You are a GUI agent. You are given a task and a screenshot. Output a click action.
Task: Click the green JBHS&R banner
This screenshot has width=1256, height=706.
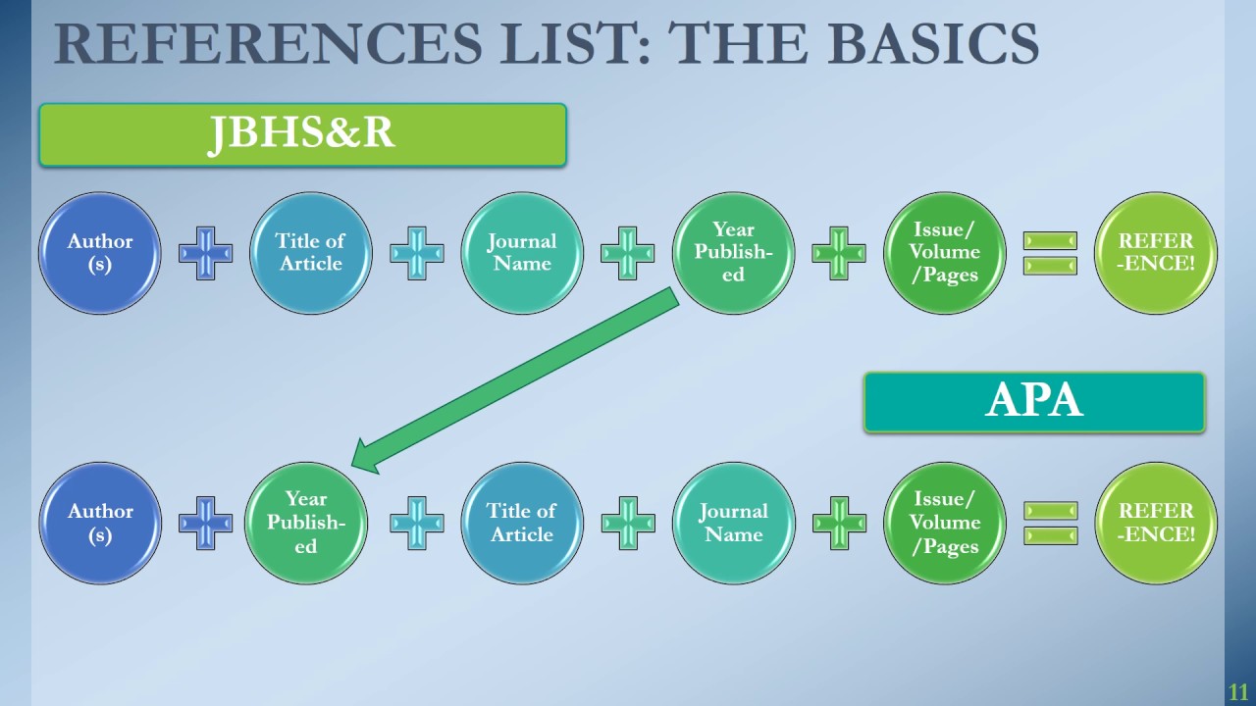pos(302,134)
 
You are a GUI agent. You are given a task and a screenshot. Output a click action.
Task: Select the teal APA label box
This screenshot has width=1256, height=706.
pos(1034,402)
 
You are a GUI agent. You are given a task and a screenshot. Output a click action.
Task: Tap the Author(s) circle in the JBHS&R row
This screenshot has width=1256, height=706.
pos(99,253)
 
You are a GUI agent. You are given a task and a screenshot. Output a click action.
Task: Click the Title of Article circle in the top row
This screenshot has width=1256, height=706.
pos(310,253)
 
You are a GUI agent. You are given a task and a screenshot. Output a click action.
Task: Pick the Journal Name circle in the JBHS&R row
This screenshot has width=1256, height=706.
pos(522,253)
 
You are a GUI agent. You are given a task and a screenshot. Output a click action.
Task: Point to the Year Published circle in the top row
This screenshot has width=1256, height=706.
pos(733,253)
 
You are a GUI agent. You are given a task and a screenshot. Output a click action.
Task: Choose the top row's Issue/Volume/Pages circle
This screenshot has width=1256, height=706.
pos(945,253)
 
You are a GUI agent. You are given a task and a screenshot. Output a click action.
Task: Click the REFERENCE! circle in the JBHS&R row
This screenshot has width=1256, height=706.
pos(1156,253)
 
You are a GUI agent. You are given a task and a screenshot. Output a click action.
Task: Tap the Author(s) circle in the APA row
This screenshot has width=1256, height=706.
pos(99,523)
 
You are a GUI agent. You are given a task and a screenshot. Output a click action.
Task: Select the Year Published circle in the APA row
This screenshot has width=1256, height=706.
pos(305,523)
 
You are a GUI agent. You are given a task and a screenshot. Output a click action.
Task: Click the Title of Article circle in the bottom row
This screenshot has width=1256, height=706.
pos(522,523)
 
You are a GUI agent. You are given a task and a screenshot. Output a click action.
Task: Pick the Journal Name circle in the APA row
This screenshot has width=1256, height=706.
pos(733,523)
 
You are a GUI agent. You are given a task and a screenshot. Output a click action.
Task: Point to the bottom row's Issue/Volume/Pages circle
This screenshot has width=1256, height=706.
pos(945,523)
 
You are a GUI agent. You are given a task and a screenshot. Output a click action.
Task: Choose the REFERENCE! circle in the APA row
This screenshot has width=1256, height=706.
pos(1156,523)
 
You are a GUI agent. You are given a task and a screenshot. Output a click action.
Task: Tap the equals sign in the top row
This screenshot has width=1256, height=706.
pos(1050,253)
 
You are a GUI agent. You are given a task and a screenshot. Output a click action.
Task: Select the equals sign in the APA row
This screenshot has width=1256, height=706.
pos(1050,523)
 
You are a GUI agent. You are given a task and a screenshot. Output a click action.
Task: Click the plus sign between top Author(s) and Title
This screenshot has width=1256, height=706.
pos(205,253)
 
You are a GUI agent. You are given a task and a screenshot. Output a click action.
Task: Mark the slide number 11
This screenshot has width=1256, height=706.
pos(1237,692)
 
